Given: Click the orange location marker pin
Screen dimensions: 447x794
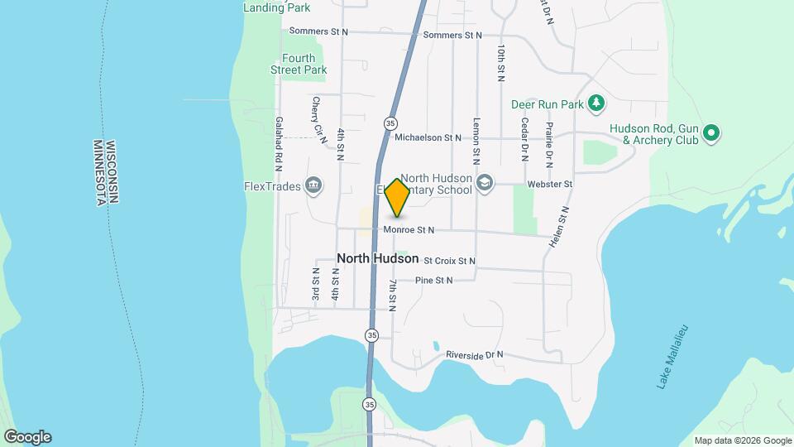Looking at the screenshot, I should click(x=398, y=198).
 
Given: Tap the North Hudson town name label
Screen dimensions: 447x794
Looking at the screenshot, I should click(x=377, y=259).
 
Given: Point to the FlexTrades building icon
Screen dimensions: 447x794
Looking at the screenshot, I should click(x=313, y=185).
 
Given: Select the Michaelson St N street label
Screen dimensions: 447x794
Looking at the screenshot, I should click(x=428, y=138).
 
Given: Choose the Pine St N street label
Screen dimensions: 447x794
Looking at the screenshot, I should click(x=434, y=281).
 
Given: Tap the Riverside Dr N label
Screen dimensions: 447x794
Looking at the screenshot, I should click(x=474, y=355).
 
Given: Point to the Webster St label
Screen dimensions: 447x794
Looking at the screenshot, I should click(x=557, y=183).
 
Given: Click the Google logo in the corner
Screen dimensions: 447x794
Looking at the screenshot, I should click(x=27, y=437).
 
